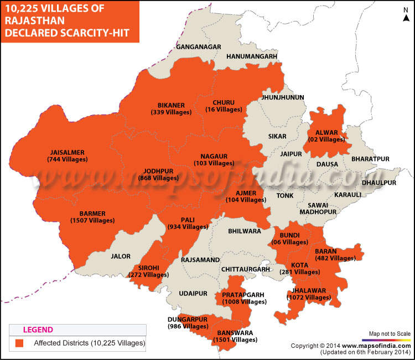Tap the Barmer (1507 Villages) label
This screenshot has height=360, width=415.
click(92, 216)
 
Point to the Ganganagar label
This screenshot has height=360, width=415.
click(199, 47)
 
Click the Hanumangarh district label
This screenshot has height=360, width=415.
click(251, 56)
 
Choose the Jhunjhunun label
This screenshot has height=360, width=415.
click(282, 97)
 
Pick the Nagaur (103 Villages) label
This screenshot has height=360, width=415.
click(214, 160)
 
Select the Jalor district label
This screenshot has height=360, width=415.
click(120, 256)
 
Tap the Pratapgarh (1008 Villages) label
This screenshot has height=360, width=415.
click(244, 298)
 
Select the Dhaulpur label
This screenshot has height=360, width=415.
click(379, 182)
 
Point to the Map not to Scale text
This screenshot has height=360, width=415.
click(387, 333)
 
